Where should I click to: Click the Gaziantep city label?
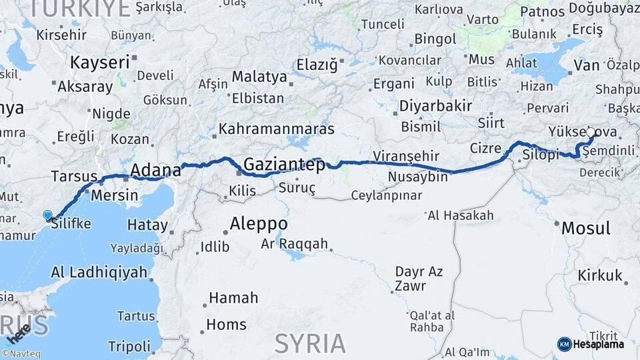284,164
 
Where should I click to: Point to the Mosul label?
585,228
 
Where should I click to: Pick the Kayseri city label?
99,63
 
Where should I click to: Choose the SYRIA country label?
310,343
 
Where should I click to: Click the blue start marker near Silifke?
47,215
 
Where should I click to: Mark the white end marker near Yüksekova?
590,133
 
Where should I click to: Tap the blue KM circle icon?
564,344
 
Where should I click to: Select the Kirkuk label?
599,275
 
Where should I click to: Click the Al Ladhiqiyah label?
99,271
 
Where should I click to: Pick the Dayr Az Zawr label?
419,278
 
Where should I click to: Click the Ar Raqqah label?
294,243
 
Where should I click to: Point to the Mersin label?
114,196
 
